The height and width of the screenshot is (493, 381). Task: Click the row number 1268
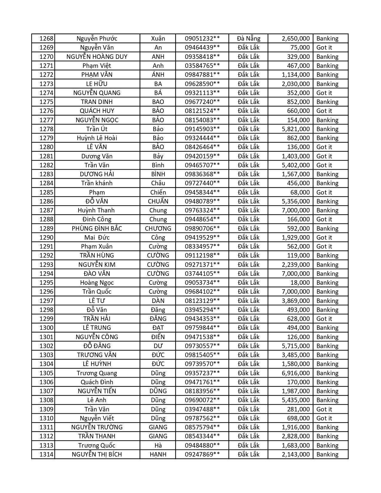tap(46, 39)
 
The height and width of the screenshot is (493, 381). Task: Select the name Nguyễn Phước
tap(97, 39)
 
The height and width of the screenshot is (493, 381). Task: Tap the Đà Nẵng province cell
tap(249, 39)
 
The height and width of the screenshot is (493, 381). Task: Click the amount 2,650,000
tap(296, 39)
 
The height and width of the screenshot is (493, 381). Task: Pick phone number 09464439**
tap(202, 48)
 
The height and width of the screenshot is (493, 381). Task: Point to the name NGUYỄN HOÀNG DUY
tap(97, 57)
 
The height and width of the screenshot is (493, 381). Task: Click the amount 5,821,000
tap(296, 129)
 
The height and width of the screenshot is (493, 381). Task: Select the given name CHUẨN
tap(158, 201)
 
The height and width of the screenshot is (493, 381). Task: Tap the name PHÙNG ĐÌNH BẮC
tap(97, 229)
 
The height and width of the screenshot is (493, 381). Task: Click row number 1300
tap(46, 328)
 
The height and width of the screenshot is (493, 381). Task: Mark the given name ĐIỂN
tap(158, 337)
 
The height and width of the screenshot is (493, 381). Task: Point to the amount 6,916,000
tap(296, 373)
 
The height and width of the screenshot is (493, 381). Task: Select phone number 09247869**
tap(202, 454)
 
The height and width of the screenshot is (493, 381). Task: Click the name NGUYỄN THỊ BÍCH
tap(97, 454)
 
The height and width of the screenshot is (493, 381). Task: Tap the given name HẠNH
tap(158, 454)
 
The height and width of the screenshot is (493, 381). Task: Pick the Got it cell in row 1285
tap(324, 192)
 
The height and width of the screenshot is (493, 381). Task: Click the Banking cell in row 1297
tap(327, 301)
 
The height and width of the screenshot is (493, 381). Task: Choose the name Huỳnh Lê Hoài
tap(97, 138)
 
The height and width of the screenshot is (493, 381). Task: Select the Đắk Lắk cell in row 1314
tap(249, 454)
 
